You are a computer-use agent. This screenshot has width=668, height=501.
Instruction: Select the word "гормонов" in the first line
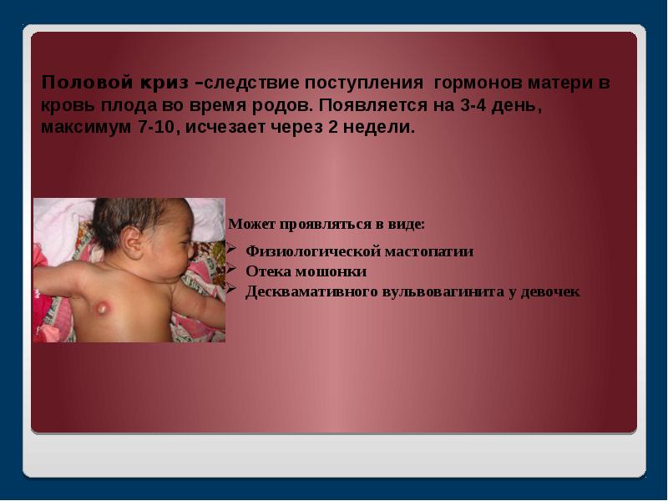(x=470, y=84)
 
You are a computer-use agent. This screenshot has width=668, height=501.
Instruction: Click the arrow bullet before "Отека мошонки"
(x=231, y=271)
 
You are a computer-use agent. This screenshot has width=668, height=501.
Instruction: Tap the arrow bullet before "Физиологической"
(x=231, y=250)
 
